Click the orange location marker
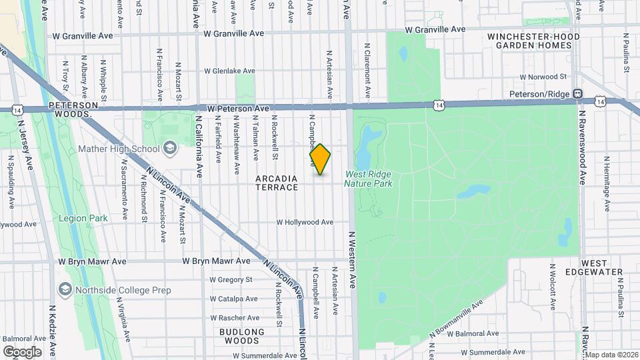point(320,159)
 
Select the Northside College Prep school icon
point(65,290)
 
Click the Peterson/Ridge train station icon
point(578,95)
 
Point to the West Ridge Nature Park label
point(368,179)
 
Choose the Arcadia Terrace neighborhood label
point(277,183)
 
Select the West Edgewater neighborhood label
point(602,267)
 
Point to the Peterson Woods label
point(73,110)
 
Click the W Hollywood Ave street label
point(305,222)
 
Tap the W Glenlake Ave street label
point(229,71)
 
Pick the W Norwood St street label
point(543,77)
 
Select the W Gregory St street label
point(231,280)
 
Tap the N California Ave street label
point(199,147)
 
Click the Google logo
point(22,351)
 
